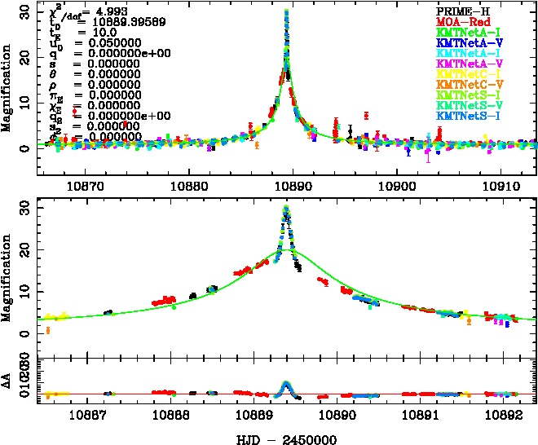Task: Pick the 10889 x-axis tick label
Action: tap(277, 412)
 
